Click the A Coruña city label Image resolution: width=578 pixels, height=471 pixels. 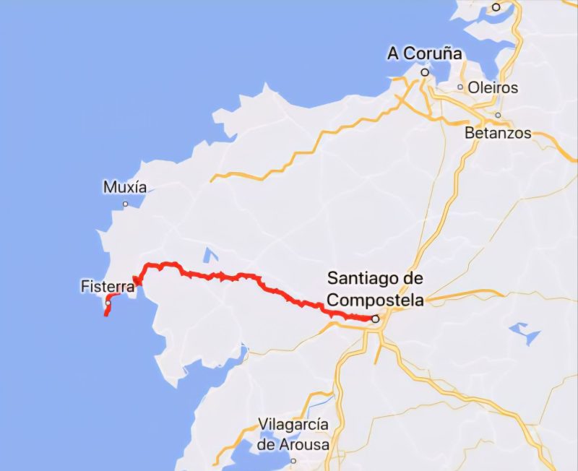tap(424, 53)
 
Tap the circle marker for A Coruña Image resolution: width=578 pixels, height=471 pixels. tap(426, 72)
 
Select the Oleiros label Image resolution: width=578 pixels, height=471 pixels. tap(493, 87)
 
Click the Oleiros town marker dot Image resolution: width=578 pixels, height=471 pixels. tap(460, 87)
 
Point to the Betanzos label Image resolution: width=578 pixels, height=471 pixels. tap(498, 133)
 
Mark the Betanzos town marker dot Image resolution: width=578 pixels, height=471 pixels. tap(498, 115)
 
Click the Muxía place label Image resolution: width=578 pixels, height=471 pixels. tap(125, 187)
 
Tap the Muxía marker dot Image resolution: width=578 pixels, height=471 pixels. tap(125, 204)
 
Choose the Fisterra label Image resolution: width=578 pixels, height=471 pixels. tap(108, 287)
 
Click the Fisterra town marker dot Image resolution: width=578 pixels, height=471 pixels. tap(108, 303)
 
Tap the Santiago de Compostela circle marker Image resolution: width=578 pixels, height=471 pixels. tap(376, 318)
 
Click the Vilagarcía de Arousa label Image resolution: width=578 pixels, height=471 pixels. tap(294, 434)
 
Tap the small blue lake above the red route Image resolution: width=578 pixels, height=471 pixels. tap(210, 255)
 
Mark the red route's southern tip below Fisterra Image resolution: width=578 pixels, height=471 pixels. tap(105, 315)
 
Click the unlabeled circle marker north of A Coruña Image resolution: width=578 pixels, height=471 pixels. tap(496, 7)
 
